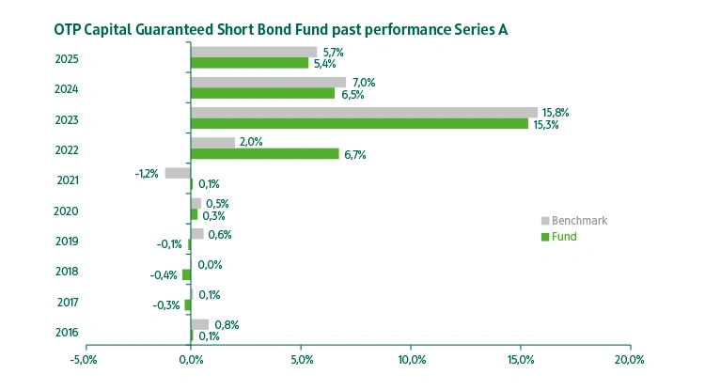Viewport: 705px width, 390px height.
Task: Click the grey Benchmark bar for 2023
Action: [363, 113]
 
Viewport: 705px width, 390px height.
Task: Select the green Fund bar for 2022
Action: [264, 154]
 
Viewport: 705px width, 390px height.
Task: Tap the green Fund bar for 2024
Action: [262, 93]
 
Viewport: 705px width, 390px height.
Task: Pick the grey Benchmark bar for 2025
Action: [254, 52]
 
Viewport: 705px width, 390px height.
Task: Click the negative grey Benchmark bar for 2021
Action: [177, 173]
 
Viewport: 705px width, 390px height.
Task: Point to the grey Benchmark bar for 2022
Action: [212, 143]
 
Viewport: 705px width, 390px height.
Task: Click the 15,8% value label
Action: [556, 113]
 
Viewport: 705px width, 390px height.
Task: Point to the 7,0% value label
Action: [363, 83]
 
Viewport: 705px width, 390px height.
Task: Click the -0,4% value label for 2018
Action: [164, 275]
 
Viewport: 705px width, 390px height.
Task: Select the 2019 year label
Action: [67, 242]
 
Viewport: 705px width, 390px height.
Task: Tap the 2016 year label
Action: [67, 332]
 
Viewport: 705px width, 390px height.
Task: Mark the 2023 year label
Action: [67, 120]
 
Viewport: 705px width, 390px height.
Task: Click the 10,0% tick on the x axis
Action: [411, 359]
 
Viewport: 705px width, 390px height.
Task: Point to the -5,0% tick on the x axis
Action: [84, 359]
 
